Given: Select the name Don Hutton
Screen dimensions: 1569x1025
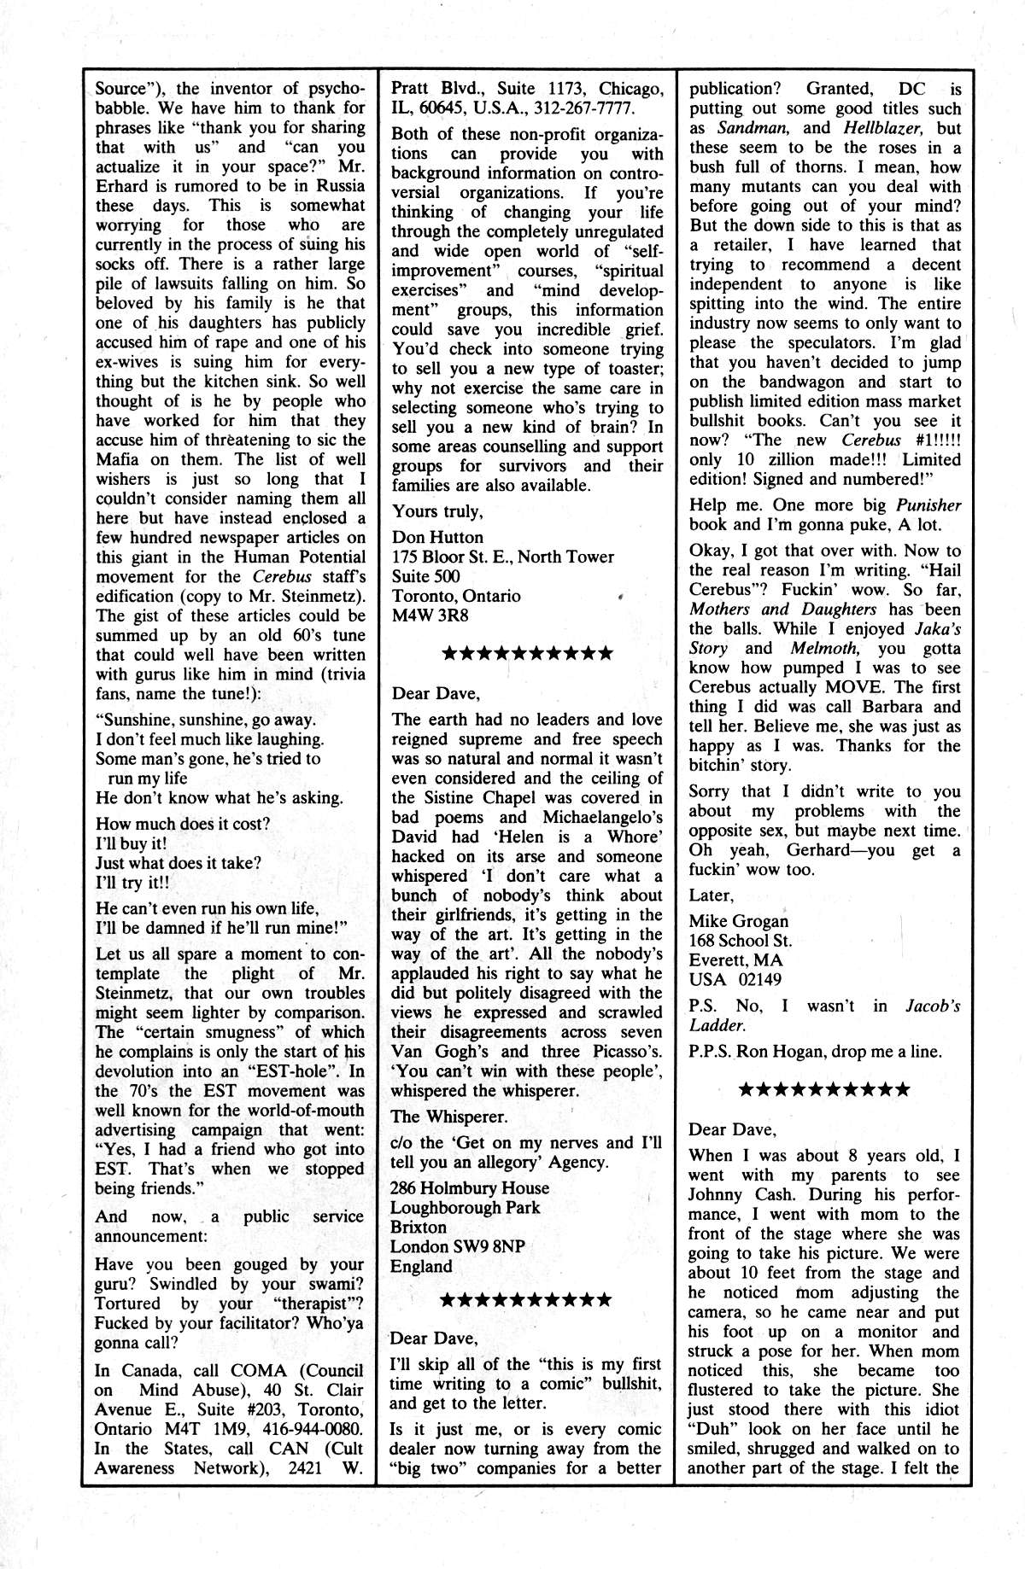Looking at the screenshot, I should (x=437, y=537).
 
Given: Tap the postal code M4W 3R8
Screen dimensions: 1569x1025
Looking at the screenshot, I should (x=430, y=615).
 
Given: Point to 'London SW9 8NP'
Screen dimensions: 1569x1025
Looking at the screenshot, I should (x=457, y=1246).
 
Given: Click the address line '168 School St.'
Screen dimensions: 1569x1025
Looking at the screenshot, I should (x=741, y=941).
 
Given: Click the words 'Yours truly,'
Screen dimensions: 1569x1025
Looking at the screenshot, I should (x=437, y=511).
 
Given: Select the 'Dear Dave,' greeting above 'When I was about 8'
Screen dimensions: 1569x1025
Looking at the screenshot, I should (x=733, y=1129).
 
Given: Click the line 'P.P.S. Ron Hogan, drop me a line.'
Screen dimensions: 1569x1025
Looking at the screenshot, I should (x=816, y=1052).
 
